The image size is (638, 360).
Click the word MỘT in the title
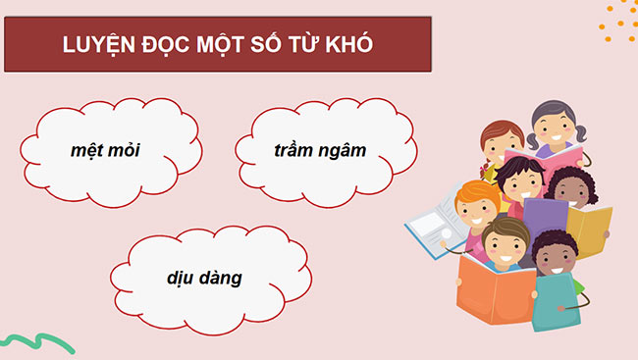[x=225, y=46]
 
